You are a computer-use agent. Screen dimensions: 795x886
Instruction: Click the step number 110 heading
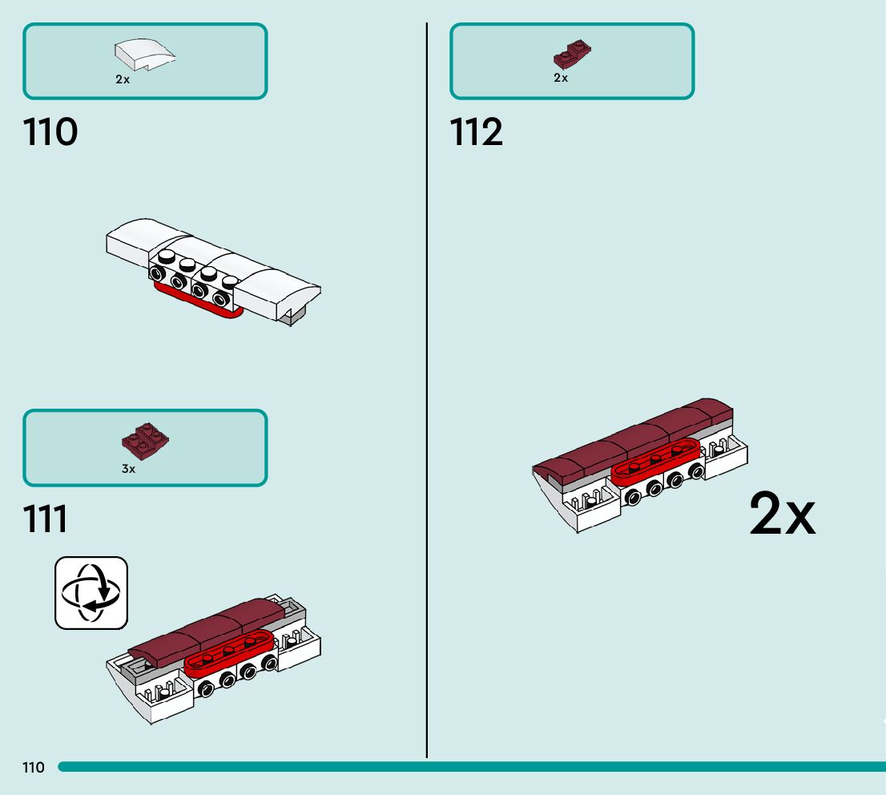click(50, 132)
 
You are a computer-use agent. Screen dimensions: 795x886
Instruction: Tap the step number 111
click(46, 519)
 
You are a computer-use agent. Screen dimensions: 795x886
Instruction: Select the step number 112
click(477, 132)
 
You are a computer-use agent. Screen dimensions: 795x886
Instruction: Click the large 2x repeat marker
click(782, 515)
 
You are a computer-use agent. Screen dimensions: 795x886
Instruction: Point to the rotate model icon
click(91, 593)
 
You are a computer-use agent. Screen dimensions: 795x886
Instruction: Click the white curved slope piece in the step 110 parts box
click(145, 55)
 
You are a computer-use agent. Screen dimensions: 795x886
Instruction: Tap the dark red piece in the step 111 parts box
click(145, 438)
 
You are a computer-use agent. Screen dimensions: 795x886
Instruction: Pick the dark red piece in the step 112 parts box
click(572, 54)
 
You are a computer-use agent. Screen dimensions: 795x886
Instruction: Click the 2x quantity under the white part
click(123, 80)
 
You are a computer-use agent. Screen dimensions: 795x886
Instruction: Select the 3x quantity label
click(129, 469)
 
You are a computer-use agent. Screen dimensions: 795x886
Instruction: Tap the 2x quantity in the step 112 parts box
click(561, 78)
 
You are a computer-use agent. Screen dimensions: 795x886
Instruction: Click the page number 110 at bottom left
click(34, 768)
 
